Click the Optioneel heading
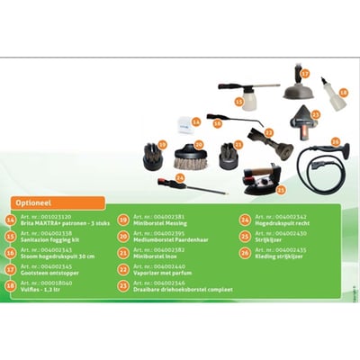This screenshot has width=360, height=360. [x=34, y=203]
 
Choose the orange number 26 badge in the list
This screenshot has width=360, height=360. [x=245, y=252]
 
